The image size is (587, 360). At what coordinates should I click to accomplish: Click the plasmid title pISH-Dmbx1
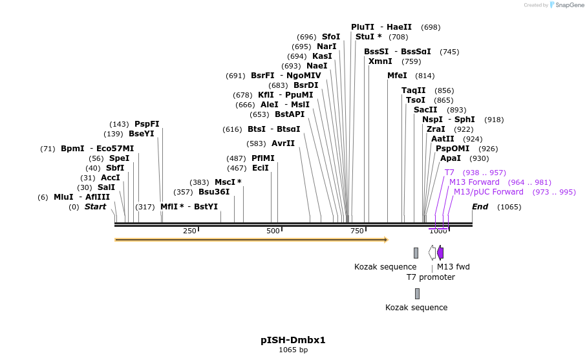(293, 340)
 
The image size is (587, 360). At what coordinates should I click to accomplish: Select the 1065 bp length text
(293, 350)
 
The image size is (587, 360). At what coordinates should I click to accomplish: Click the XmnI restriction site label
(380, 61)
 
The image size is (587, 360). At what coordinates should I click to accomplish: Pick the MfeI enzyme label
(397, 76)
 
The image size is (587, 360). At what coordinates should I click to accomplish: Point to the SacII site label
(425, 110)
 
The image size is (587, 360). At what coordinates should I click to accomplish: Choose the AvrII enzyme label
(283, 143)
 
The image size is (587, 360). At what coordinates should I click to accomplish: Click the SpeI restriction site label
(118, 158)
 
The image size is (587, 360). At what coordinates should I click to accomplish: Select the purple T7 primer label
(449, 173)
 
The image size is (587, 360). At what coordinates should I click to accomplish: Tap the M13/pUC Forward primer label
(488, 192)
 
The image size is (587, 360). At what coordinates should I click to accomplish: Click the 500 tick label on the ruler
(273, 231)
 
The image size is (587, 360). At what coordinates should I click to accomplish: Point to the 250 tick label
(189, 231)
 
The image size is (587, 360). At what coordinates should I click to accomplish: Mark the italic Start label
(95, 207)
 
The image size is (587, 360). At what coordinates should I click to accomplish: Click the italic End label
(480, 207)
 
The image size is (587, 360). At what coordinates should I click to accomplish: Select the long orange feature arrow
(251, 240)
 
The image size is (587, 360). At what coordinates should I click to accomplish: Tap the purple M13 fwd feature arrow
(440, 253)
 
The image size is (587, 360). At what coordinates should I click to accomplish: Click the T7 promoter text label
(431, 277)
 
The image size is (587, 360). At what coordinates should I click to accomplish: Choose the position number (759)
(411, 61)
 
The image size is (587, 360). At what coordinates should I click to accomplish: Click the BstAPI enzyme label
(290, 114)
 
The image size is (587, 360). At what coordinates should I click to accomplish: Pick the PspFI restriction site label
(147, 124)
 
